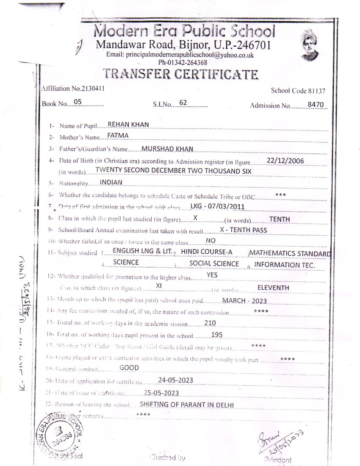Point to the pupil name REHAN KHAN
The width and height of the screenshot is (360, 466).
128,124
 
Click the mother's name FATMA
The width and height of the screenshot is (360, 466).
118,136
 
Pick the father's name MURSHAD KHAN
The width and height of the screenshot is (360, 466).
167,149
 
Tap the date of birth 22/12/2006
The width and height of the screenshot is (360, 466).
286,160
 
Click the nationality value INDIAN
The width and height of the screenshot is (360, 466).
111,182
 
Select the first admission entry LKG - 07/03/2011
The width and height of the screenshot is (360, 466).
217,206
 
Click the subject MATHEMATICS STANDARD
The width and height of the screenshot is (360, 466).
290,253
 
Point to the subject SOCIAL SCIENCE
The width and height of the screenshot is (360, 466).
214,264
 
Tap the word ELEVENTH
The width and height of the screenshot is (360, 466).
273,288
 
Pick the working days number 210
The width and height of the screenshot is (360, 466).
210,323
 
